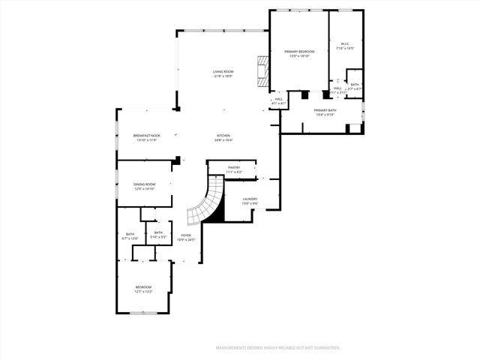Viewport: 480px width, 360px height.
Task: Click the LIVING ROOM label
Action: coord(223,72)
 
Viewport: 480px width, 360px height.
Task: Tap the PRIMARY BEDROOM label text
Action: coord(299,52)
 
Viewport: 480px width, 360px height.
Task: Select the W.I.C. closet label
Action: coord(346,44)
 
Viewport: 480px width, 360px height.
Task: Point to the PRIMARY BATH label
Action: coord(325,110)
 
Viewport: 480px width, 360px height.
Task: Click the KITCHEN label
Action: coord(223,136)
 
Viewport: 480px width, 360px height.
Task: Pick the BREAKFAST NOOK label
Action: coord(145,136)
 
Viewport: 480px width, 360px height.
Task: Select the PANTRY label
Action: coord(234,168)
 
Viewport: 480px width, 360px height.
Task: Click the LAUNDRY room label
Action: coord(250,199)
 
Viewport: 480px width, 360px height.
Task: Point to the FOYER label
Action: coord(185,235)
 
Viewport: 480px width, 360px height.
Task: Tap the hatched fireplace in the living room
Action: coord(261,69)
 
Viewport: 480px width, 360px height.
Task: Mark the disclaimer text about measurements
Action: coord(278,348)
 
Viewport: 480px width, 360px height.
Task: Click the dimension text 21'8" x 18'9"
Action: coord(223,76)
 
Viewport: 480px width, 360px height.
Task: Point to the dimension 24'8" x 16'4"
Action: coord(223,140)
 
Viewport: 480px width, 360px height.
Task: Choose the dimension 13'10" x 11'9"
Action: coord(145,140)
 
